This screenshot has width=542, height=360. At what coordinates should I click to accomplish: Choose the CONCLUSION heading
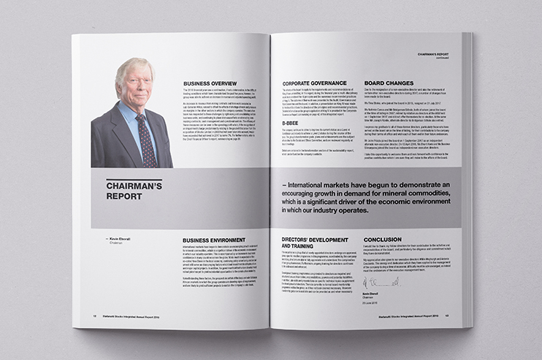[x=388, y=239]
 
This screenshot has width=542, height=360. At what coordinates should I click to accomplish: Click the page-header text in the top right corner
[x=432, y=55]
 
